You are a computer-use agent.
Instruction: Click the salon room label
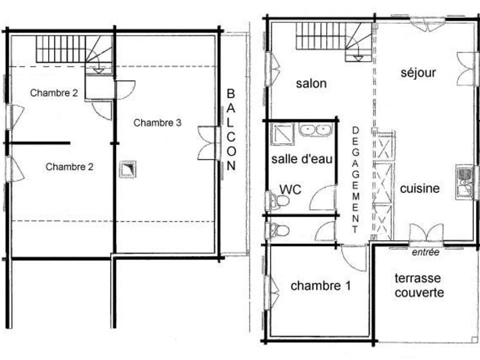point(311,83)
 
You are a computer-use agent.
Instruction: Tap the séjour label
point(418,73)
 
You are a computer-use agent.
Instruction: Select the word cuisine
point(420,188)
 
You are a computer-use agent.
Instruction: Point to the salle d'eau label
point(302,159)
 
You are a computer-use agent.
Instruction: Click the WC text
point(290,189)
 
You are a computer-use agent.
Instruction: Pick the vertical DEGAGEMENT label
point(356,180)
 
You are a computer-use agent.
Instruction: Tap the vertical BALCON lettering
point(230,130)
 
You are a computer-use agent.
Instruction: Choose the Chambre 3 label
point(157,123)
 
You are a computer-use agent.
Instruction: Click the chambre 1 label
point(320,286)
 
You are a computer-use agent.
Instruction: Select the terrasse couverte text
point(419,285)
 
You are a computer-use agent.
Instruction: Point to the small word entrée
point(425,252)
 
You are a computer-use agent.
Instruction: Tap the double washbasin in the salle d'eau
point(316,130)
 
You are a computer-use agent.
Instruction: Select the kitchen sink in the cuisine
point(465,181)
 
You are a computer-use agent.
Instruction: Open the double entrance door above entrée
point(426,233)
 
